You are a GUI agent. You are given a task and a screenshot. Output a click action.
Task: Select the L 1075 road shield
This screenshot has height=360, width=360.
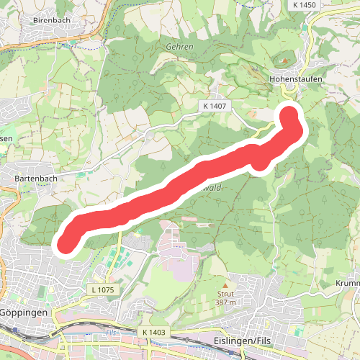[104, 289]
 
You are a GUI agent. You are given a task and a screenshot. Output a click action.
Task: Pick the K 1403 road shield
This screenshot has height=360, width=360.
[154, 332]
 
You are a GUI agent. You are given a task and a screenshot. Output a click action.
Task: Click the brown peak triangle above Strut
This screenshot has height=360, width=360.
[225, 286]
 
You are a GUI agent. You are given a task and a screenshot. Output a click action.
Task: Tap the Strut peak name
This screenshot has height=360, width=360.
[225, 294]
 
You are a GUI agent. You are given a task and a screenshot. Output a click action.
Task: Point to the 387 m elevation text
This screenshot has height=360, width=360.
[225, 302]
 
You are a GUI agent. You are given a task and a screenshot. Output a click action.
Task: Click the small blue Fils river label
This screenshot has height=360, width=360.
[110, 333]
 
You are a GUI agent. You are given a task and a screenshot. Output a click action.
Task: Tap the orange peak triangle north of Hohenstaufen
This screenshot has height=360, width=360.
[284, 60]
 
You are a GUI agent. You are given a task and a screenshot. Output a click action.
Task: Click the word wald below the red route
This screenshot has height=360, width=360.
[212, 186]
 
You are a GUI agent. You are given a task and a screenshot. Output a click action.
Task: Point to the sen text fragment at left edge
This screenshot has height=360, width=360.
[6, 138]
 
